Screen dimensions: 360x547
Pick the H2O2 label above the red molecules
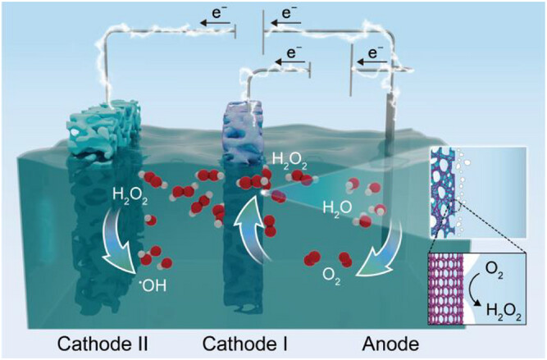pyautogui.click(x=292, y=158)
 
